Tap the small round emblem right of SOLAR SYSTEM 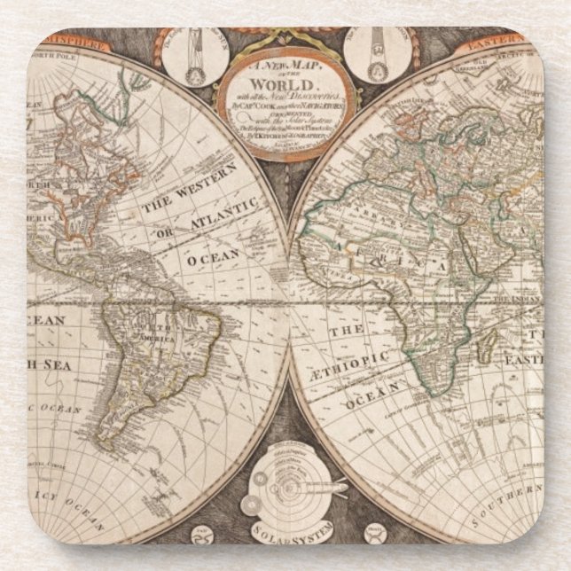374,534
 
